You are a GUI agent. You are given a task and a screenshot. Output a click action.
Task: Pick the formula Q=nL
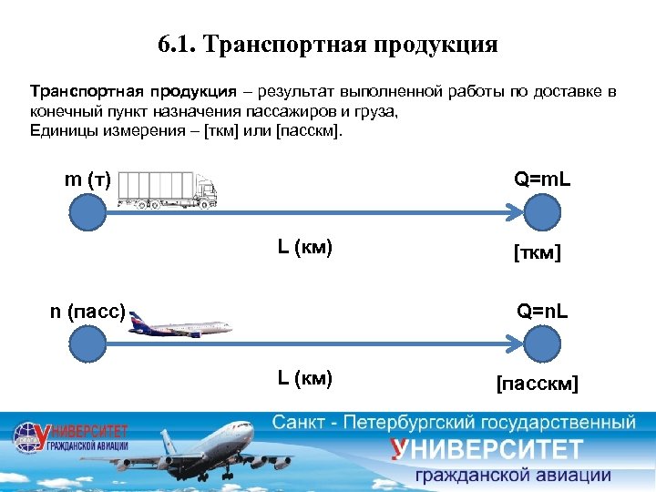543,312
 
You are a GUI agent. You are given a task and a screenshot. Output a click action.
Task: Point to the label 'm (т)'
88,179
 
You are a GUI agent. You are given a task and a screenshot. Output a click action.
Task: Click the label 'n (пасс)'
87,312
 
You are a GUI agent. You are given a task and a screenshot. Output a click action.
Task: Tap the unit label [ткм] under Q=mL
537,251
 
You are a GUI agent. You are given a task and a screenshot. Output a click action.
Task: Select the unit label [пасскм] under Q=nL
537,383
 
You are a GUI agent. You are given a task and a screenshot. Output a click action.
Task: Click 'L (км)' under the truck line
304,246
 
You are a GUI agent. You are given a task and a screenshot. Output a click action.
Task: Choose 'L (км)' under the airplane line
304,377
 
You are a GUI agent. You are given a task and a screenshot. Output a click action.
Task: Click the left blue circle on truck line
87,213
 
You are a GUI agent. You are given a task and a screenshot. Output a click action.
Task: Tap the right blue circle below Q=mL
541,213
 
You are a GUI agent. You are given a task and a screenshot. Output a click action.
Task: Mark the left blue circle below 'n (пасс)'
87,346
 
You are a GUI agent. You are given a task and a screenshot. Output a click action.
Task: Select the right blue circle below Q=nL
541,346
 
